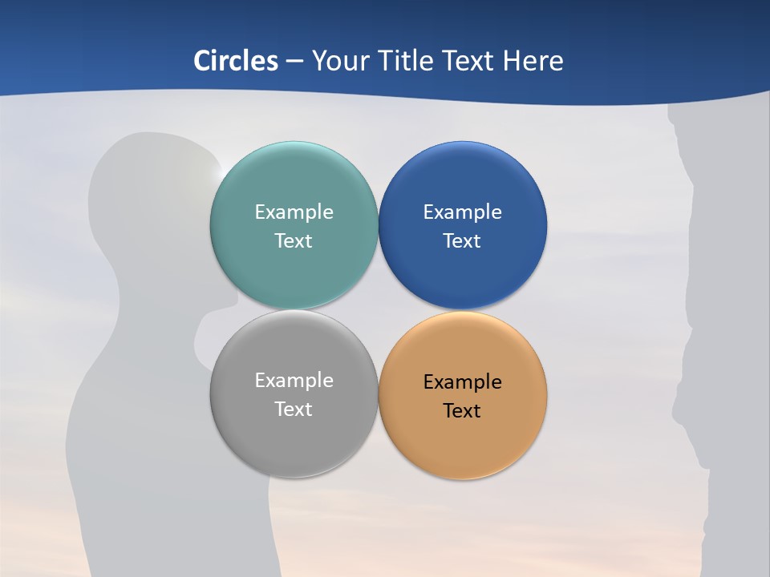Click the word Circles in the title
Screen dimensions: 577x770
pos(236,61)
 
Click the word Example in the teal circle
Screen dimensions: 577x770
pos(294,212)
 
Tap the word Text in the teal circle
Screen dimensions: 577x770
pos(294,241)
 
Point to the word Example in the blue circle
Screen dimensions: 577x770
pos(463,212)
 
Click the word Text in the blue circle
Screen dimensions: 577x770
pos(463,241)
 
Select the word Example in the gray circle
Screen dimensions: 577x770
pos(294,381)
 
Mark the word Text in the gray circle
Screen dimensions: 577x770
pos(294,410)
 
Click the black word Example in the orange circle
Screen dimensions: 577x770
pos(463,382)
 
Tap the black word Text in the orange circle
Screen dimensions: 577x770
pos(463,411)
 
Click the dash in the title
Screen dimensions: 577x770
pos(294,62)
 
